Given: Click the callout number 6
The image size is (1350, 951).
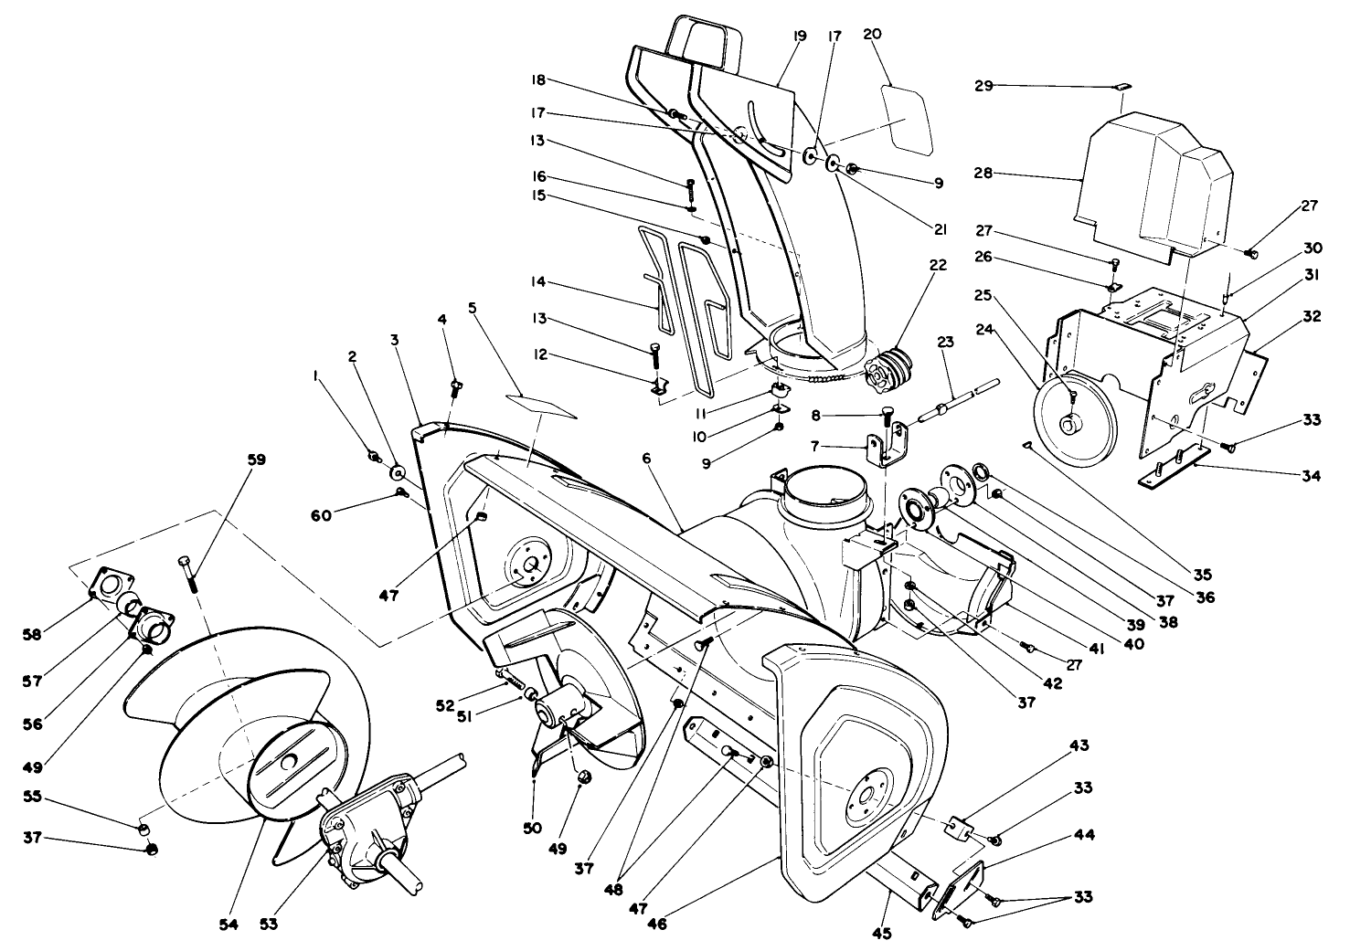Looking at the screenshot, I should tap(645, 459).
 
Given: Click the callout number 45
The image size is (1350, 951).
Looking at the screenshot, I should tap(881, 933).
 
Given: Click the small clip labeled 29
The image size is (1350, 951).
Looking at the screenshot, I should tap(1123, 87).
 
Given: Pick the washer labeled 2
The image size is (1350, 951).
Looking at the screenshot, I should tap(399, 473).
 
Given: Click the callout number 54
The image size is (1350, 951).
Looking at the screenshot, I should tap(229, 925).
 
